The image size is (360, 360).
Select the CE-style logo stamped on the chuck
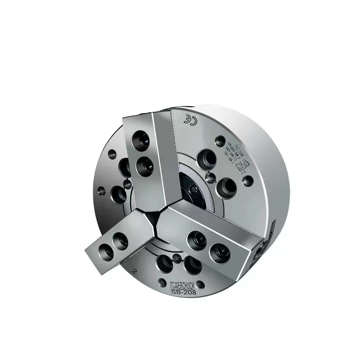(188, 119)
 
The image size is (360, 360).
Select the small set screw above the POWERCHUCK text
(177, 259)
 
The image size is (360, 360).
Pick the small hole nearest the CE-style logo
(220, 139)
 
